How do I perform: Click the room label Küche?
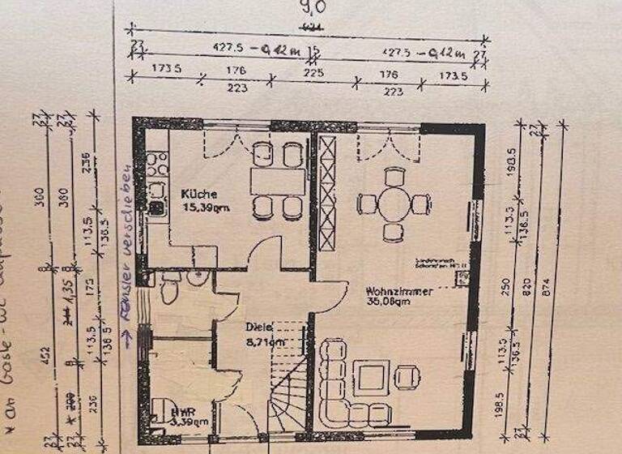pos(198,195)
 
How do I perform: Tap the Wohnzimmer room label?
pos(398,289)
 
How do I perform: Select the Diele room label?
pos(259,328)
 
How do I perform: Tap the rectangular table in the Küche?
pos(277,180)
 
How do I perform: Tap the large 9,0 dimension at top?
pos(313,11)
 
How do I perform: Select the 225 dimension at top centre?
pos(313,73)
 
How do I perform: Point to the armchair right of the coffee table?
pos(407,376)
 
